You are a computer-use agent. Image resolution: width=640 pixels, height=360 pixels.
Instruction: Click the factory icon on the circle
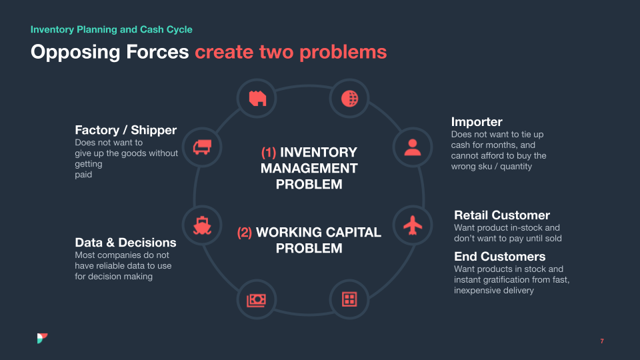point(257,99)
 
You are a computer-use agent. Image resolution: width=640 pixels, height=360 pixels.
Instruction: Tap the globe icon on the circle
point(349,99)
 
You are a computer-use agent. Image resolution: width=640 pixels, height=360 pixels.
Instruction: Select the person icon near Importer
point(413,147)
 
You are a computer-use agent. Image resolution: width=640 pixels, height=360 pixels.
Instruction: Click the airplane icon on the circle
point(413,225)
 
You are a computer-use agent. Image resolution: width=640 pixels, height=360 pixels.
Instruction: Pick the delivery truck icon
point(203,147)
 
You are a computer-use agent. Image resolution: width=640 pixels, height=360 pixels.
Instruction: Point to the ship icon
point(203,225)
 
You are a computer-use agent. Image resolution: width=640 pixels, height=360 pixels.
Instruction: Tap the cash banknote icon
point(257,299)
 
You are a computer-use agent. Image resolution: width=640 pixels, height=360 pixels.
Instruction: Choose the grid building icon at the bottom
point(349,299)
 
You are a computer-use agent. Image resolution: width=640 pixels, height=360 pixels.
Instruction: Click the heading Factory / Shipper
point(125,130)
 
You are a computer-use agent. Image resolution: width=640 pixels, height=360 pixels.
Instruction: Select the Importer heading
point(477,122)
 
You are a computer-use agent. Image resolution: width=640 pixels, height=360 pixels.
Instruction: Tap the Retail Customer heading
point(501,215)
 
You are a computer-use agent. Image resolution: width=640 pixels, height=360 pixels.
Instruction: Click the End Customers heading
point(499,257)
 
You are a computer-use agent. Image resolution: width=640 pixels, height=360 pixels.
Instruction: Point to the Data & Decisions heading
point(125,243)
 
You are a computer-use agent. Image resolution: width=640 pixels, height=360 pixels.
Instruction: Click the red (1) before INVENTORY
point(268,153)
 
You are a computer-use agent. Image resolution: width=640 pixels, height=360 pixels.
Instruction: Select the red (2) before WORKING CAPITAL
point(245,233)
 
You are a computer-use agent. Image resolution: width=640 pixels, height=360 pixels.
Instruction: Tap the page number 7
point(602,341)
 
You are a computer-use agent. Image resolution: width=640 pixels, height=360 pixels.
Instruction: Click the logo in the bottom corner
point(43,339)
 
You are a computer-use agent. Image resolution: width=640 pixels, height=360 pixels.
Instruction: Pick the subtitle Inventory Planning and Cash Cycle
point(111,29)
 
